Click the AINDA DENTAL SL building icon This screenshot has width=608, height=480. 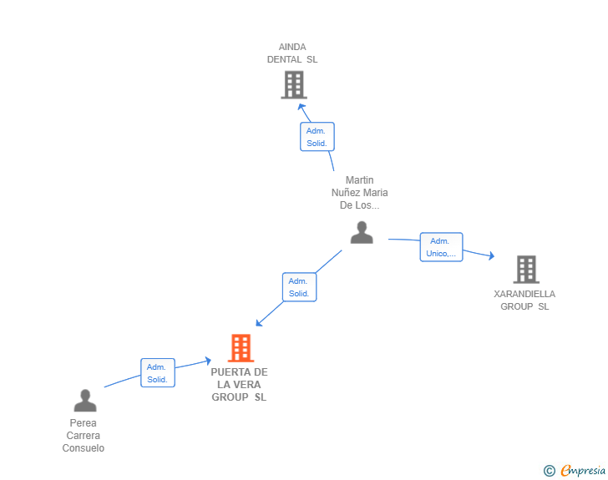pos(293,84)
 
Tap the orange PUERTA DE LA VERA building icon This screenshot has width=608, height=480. pos(241,347)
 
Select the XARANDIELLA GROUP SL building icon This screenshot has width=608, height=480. pos(525,269)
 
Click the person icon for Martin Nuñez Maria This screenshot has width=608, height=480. pos(362,232)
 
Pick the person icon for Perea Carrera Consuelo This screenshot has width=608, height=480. pos(85,401)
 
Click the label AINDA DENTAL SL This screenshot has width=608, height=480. pos(292,53)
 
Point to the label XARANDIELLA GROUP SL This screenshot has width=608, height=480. pos(524,301)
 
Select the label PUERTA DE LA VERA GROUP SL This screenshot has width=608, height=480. pos(240,385)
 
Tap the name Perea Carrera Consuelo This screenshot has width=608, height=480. pos(84,436)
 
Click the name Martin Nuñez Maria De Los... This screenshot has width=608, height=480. pos(360,193)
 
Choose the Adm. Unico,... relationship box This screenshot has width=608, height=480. pos(441,247)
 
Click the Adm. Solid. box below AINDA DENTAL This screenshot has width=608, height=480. pos(317,137)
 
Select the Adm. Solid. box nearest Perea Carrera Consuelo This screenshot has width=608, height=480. pos(157,373)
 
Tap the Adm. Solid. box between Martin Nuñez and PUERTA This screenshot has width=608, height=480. pos(299,287)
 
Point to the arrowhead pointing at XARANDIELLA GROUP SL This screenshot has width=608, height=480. pos(492,256)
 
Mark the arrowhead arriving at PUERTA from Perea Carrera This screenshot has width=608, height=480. pos(207,361)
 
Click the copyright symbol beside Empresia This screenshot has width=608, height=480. pos(549,471)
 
